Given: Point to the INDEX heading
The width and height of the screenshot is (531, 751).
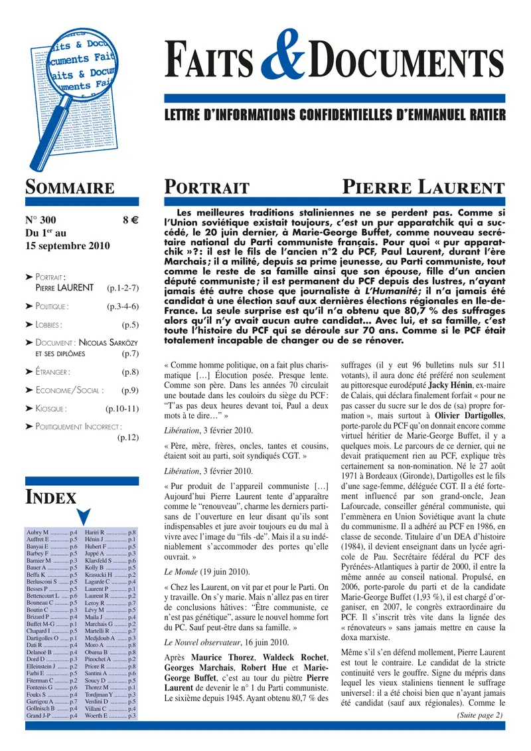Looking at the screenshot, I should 50,496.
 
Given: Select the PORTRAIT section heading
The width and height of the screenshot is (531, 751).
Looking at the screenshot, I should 206,188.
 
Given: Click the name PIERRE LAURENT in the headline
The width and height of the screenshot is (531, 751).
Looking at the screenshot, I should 423,187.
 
